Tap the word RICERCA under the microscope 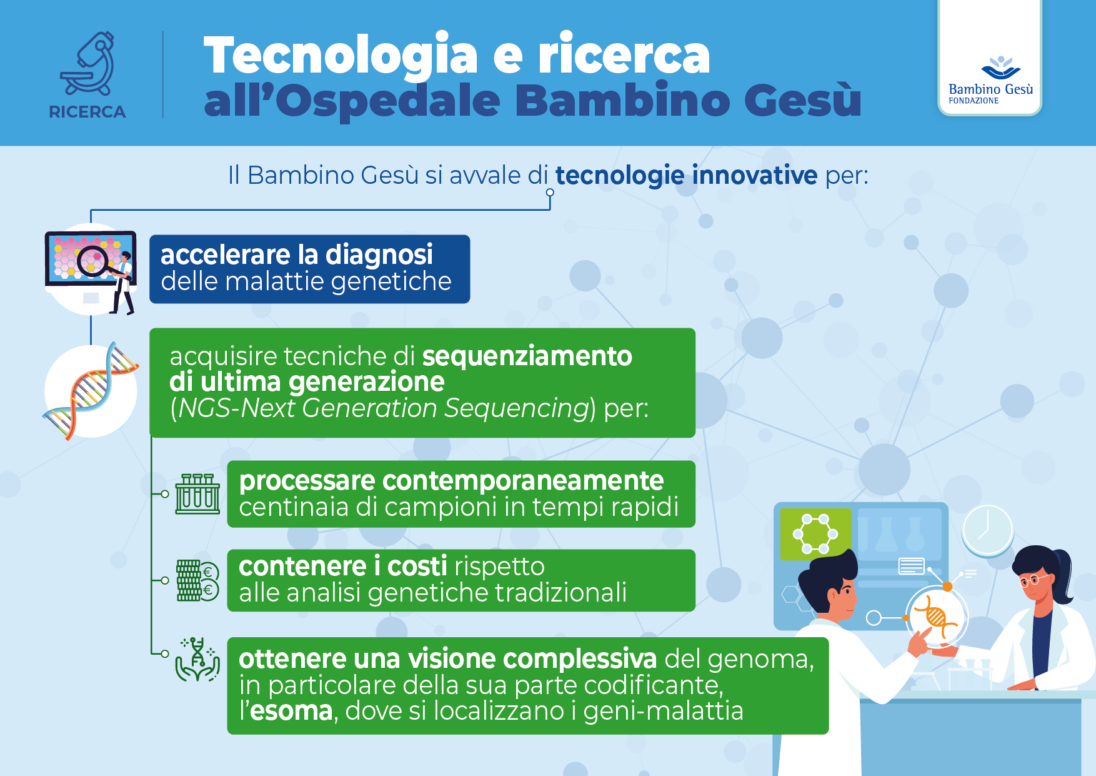click(x=87, y=112)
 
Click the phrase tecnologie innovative click(x=686, y=176)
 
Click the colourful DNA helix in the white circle click(x=91, y=390)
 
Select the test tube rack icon click(x=197, y=494)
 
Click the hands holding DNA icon click(x=197, y=660)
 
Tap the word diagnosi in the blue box click(x=379, y=255)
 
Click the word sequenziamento click(x=527, y=356)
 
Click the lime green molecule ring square click(x=815, y=534)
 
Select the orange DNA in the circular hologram click(x=935, y=617)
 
